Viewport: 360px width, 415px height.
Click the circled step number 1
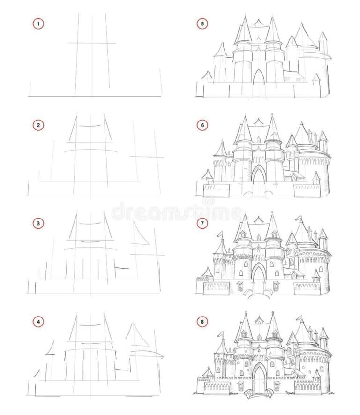(38, 24)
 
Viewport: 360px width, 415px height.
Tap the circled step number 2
(38, 125)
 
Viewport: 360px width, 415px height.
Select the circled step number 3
(38, 223)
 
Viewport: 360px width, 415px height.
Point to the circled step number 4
(38, 322)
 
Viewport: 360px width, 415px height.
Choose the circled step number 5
(202, 24)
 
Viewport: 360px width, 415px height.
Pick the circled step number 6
(202, 125)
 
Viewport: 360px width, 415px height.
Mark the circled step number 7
(202, 223)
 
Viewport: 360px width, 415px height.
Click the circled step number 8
(202, 322)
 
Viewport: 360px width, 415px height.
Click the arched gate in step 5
(259, 77)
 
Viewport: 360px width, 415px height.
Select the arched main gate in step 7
(259, 275)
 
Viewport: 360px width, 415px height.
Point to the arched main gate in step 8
(259, 376)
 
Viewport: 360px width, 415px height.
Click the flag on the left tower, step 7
(220, 234)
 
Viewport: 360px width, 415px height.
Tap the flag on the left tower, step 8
(220, 334)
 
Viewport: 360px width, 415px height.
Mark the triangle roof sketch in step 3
(140, 234)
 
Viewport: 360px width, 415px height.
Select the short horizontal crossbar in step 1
(92, 43)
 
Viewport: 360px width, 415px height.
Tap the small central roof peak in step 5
(258, 23)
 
